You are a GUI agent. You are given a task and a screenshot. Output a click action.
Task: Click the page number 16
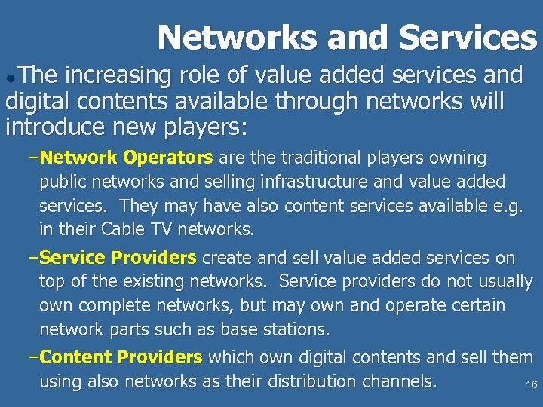(x=531, y=385)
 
